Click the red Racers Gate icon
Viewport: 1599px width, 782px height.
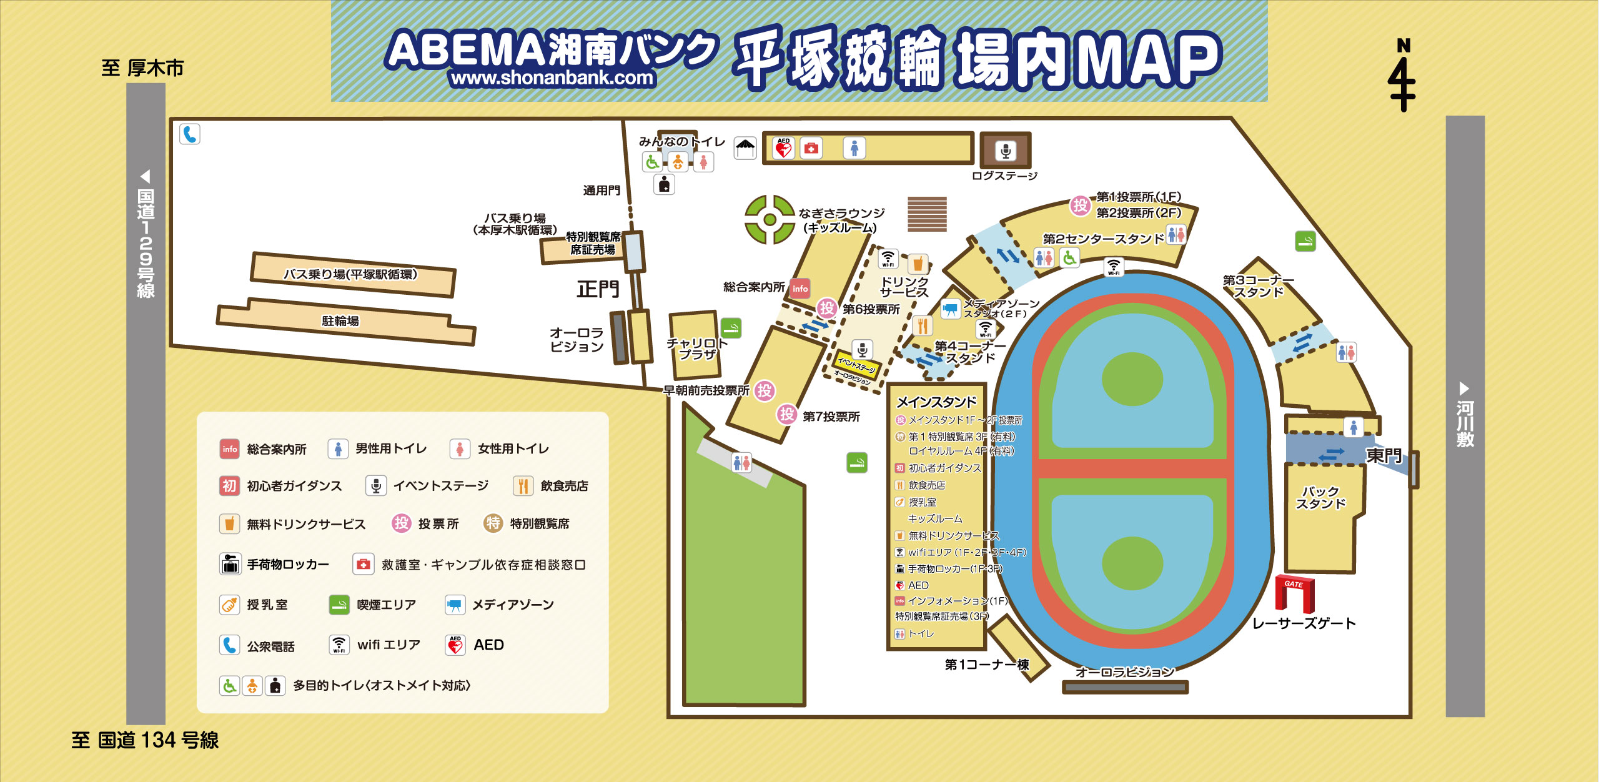click(1294, 593)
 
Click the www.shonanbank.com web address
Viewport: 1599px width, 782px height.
click(552, 78)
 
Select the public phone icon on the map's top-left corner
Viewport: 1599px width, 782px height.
click(190, 134)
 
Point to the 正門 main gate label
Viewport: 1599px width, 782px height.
click(598, 289)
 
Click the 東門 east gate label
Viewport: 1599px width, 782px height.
click(1384, 455)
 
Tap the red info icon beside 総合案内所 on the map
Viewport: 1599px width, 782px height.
click(800, 288)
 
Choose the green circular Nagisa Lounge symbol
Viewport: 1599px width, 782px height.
click(770, 219)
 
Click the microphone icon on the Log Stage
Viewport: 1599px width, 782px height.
click(1005, 151)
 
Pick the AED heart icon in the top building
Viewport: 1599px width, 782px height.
click(783, 149)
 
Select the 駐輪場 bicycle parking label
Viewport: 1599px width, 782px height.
click(340, 321)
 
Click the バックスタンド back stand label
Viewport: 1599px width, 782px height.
click(1320, 497)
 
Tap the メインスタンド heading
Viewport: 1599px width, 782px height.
click(936, 402)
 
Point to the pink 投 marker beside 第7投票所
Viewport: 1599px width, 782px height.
click(786, 413)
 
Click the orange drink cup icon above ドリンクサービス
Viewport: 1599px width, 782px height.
click(918, 264)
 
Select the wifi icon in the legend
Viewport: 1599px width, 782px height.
click(339, 645)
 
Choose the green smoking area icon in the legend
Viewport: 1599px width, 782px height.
click(339, 605)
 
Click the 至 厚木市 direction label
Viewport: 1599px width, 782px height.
click(142, 67)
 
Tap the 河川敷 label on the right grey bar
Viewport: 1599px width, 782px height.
click(1465, 424)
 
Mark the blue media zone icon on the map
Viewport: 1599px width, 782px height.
click(950, 309)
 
